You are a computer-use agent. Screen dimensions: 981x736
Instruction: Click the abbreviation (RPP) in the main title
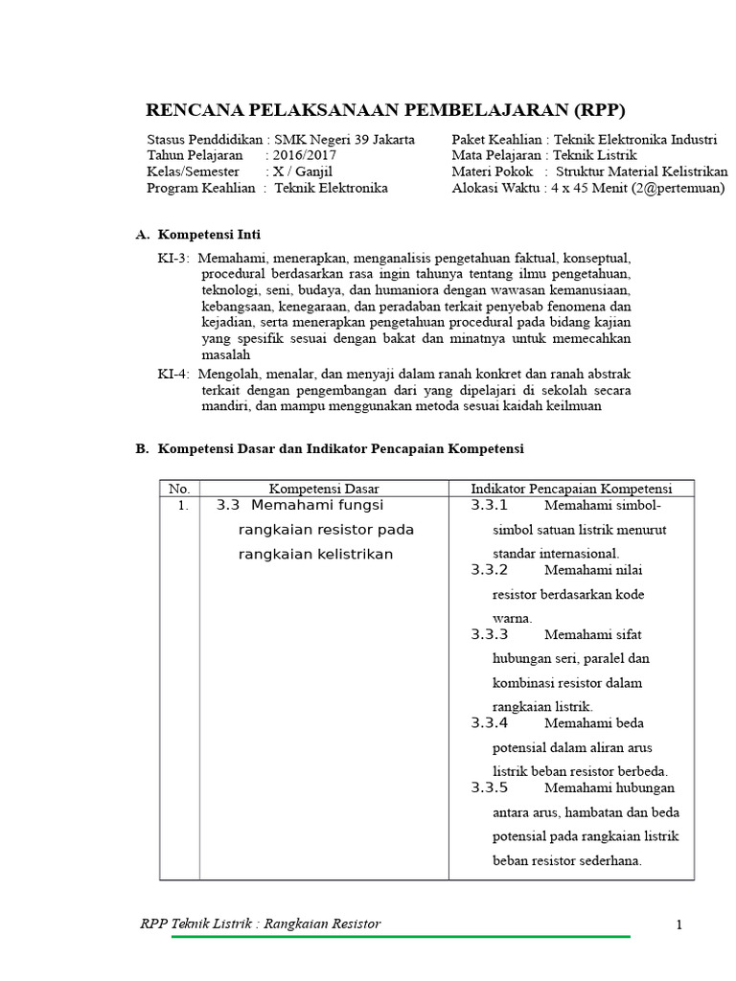pos(594,107)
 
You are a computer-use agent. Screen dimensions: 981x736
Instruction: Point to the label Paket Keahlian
pos(495,140)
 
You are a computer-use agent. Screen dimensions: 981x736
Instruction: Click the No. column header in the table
pos(179,489)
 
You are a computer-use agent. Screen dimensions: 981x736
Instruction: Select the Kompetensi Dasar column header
pos(324,489)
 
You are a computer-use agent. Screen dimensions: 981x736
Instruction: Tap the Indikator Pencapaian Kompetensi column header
pos(571,489)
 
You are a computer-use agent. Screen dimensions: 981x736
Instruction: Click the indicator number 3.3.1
pos(490,506)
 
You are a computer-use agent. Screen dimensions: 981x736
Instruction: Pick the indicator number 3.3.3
pos(490,634)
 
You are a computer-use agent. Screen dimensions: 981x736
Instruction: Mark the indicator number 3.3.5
pos(490,788)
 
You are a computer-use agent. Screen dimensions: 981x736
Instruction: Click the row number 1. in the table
pos(183,506)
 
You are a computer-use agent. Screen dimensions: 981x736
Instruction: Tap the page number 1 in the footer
pos(678,924)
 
